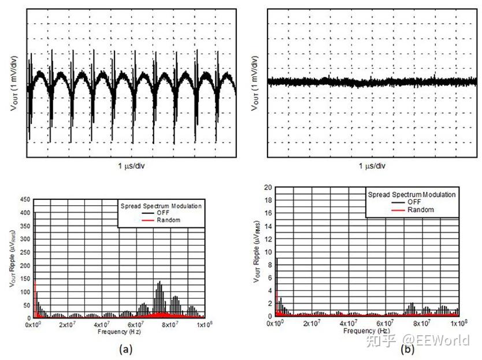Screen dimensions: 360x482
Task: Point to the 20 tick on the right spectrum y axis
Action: coord(268,187)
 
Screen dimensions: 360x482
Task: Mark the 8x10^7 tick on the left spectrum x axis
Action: coord(169,325)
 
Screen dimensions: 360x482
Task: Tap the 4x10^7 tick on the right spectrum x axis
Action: coord(348,323)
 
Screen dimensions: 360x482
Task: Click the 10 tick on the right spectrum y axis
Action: coord(268,252)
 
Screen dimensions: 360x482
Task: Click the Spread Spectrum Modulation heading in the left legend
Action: coord(160,205)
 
